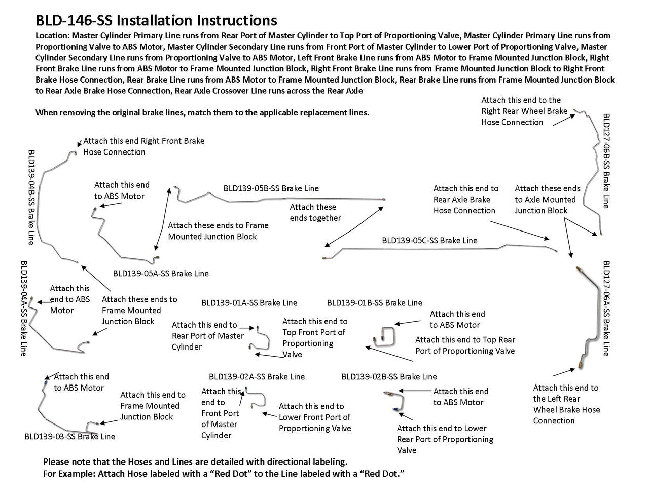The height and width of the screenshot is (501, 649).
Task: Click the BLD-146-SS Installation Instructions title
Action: click(x=156, y=20)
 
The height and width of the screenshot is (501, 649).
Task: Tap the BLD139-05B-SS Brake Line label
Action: click(x=271, y=188)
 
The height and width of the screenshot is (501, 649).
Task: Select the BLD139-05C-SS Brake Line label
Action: click(x=429, y=240)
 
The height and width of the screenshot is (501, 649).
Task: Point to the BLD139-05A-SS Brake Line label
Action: click(x=161, y=273)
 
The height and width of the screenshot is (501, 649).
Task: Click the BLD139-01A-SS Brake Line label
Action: click(x=249, y=303)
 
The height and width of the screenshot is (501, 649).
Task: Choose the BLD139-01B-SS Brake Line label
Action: click(x=374, y=303)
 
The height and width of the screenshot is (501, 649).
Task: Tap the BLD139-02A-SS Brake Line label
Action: click(x=257, y=376)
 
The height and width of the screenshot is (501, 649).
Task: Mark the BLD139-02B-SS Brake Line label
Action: click(x=389, y=376)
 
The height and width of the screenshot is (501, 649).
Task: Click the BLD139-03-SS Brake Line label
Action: click(x=70, y=436)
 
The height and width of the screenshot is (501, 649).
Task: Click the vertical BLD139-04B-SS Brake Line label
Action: click(x=32, y=197)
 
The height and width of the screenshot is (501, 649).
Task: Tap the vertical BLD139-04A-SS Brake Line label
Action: click(x=23, y=309)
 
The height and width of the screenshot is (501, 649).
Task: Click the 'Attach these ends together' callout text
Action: click(x=315, y=212)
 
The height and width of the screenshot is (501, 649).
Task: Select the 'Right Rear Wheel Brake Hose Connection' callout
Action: click(x=524, y=111)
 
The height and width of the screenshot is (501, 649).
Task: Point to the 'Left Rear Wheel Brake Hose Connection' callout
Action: click(x=566, y=404)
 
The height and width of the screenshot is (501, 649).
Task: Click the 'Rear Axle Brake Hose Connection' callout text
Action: click(x=465, y=200)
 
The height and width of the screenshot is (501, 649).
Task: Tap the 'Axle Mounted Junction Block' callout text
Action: click(x=547, y=200)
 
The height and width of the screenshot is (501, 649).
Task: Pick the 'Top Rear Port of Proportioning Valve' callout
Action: click(x=465, y=345)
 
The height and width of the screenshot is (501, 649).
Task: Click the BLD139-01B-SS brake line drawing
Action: click(x=382, y=336)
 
